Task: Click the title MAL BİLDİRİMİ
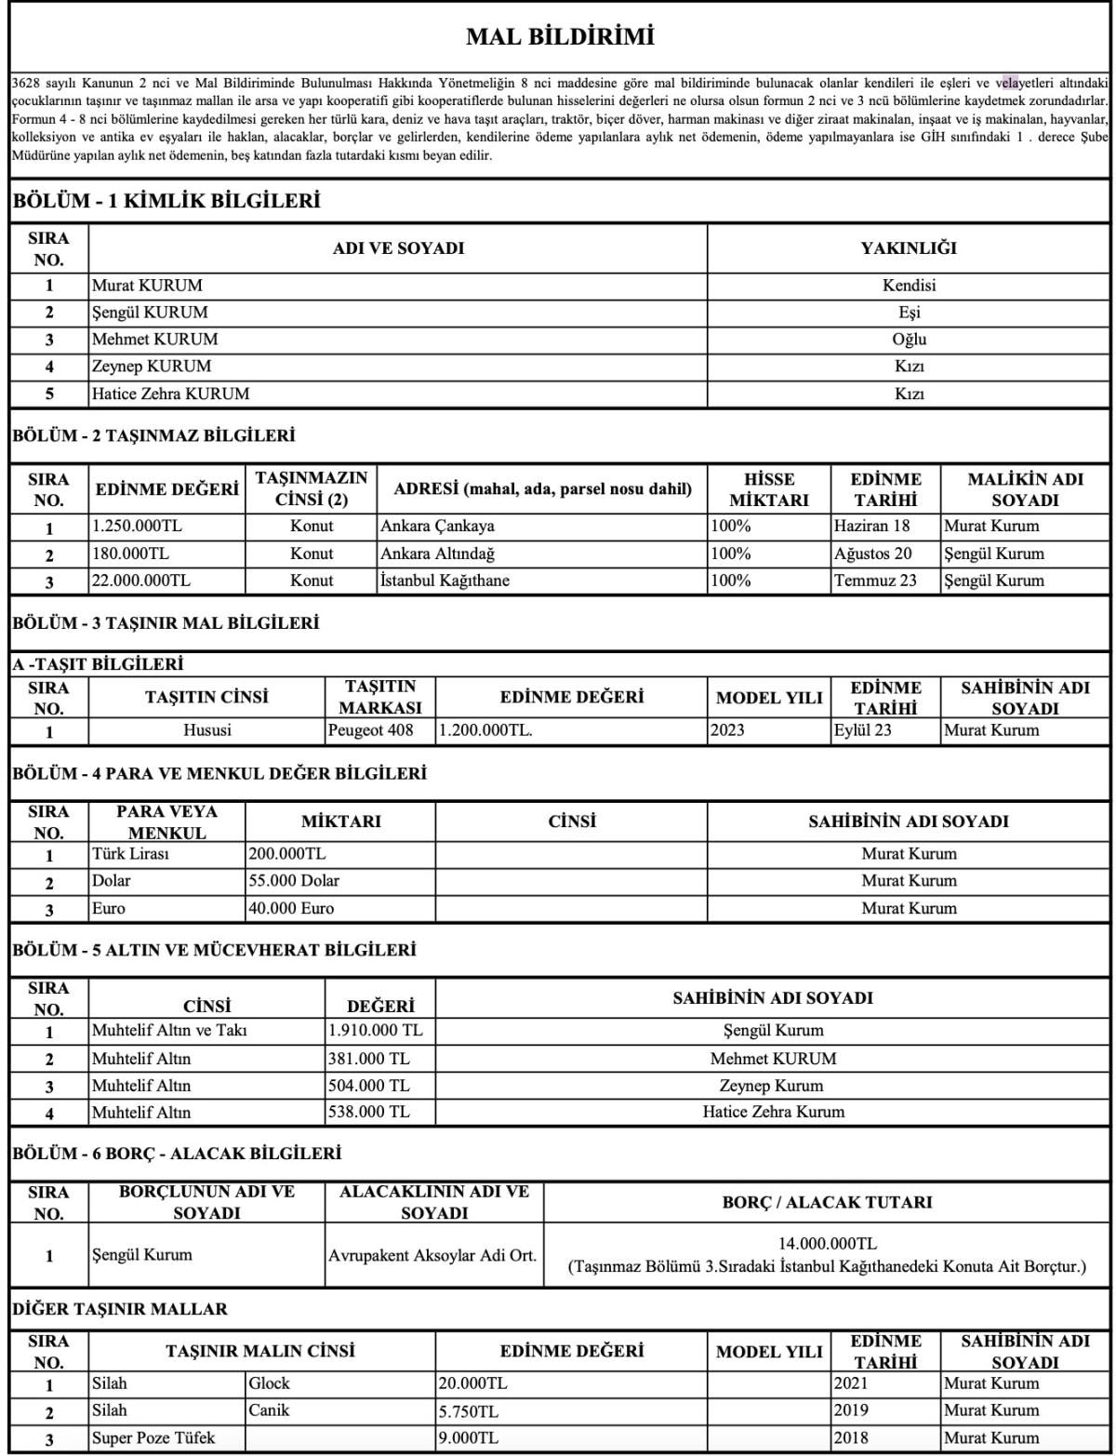[x=560, y=37]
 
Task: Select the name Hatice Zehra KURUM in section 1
[x=170, y=394]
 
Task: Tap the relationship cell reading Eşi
[x=909, y=313]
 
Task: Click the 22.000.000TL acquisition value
[x=141, y=581]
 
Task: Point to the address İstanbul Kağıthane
[x=445, y=581]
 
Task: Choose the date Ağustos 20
[x=873, y=554]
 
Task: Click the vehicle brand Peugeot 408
[x=370, y=730]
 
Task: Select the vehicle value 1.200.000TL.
[x=485, y=730]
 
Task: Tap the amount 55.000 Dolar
[x=295, y=880]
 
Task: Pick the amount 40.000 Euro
[x=292, y=908]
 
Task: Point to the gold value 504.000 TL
[x=368, y=1086]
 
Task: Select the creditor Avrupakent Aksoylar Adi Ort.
[x=432, y=1255]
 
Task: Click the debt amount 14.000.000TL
[x=827, y=1244]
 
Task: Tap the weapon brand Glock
[x=270, y=1383]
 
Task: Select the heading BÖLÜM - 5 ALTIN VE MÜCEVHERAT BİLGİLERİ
[x=214, y=950]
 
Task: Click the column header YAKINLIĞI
[x=908, y=248]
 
